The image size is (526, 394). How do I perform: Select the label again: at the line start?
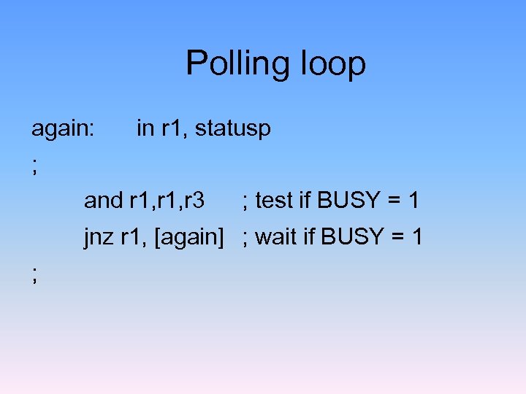(x=62, y=128)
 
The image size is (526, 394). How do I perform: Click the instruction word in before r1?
(x=145, y=128)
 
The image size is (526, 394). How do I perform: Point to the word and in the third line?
(x=104, y=200)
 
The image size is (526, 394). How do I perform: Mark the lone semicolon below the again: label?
(x=34, y=167)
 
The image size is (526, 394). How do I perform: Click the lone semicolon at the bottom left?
(x=34, y=274)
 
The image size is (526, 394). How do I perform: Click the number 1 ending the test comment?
(x=414, y=200)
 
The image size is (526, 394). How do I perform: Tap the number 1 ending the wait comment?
(x=417, y=236)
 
